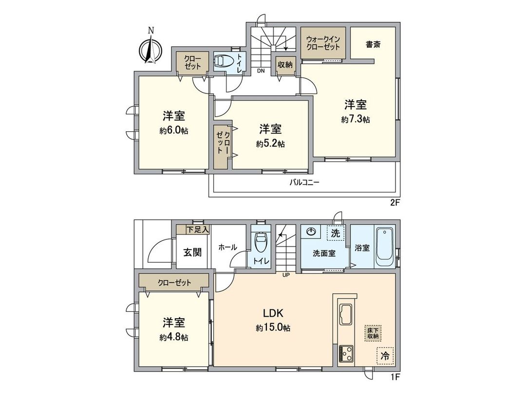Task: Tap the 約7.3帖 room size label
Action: coord(356,120)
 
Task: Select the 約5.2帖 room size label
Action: coord(270,144)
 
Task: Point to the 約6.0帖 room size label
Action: coord(174,131)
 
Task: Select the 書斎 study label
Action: coord(373,44)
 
